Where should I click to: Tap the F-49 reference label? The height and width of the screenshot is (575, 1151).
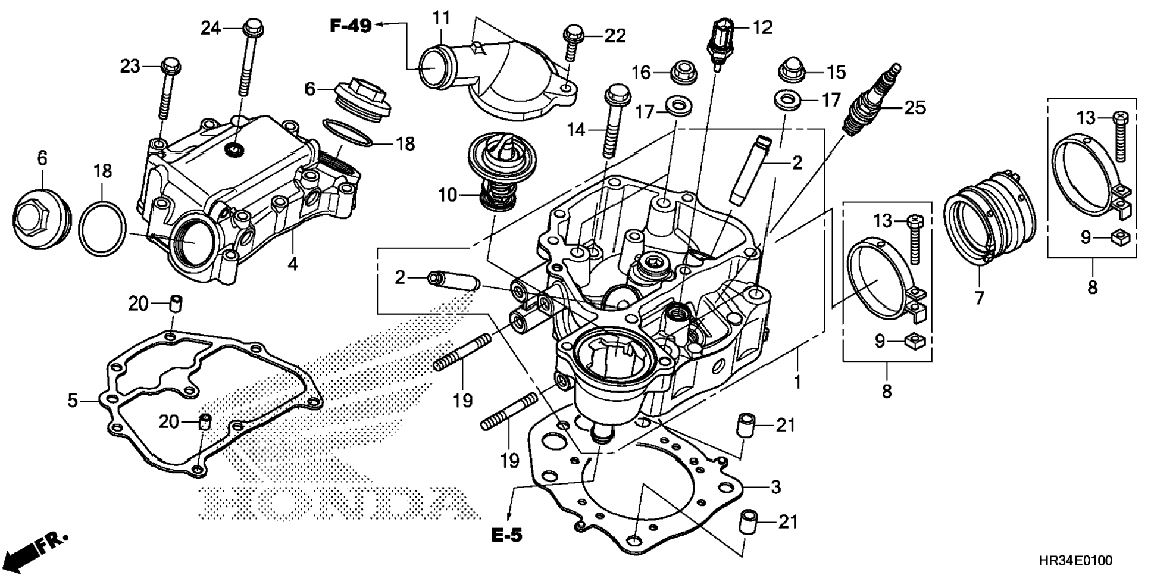pos(351,26)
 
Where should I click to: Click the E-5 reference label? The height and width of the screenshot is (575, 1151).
pos(507,536)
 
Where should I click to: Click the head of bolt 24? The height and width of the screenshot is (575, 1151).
pos(253,27)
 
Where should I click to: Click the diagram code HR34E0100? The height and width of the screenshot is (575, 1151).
pos(1075,561)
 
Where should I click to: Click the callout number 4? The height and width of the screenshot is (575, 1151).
pos(292,264)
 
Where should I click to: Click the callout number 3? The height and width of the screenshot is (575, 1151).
pos(775,487)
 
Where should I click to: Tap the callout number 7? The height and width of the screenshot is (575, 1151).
pos(980,297)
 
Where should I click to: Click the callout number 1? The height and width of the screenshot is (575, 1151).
pos(797,382)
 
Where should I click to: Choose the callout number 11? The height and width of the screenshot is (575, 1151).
pos(442,19)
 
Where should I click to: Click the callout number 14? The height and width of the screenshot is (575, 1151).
pos(576,129)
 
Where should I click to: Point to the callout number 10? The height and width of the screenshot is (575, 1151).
pos(448,195)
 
